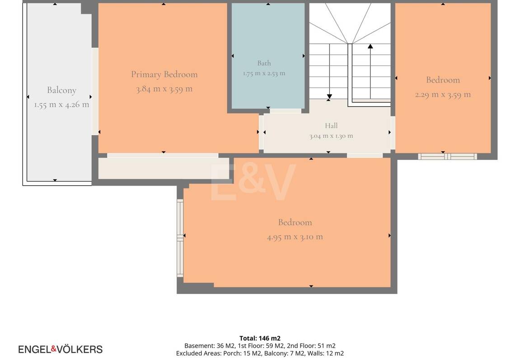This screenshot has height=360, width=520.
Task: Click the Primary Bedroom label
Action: coord(164,75)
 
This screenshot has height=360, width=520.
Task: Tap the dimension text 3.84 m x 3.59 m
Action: coord(164,89)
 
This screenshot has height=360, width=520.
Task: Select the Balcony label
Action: coord(62,90)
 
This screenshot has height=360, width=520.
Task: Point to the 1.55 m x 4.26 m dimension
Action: coord(62,105)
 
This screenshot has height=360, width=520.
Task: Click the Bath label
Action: coord(264,63)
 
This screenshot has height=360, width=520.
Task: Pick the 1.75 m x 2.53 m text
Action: coord(264,73)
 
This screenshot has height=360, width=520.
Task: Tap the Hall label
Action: coord(331,126)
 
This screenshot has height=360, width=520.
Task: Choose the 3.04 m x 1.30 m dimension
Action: coord(331,136)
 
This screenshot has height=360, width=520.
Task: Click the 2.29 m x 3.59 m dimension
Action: coord(443,94)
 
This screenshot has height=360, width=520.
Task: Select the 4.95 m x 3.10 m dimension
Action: coord(295,237)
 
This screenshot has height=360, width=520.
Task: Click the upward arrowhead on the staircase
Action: coord(370,46)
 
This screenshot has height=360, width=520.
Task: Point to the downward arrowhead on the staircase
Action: coord(329,97)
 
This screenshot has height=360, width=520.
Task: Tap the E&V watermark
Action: coord(253,182)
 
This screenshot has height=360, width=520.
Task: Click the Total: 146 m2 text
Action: coord(260,338)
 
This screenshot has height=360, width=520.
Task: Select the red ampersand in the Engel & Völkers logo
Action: coord(53,348)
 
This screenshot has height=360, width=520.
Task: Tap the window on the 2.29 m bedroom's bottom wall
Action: coord(447,156)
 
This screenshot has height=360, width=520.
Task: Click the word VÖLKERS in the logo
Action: coord(80,350)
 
